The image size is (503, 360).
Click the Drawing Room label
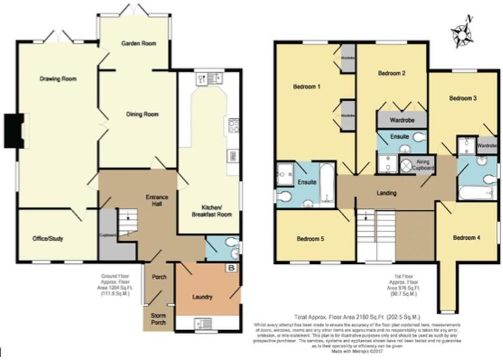pos(58,79)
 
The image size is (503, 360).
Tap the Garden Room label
pos(139,43)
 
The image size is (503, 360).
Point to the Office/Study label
pos(48,238)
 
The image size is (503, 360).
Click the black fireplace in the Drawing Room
pos(15,130)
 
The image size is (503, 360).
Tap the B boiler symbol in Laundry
pos(232,268)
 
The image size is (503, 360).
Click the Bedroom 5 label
pos(311,239)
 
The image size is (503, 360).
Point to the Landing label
pos(386,193)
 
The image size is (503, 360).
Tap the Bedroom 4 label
pos(467,238)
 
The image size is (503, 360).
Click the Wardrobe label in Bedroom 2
pos(402,120)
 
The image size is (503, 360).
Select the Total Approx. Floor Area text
pos(357,317)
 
